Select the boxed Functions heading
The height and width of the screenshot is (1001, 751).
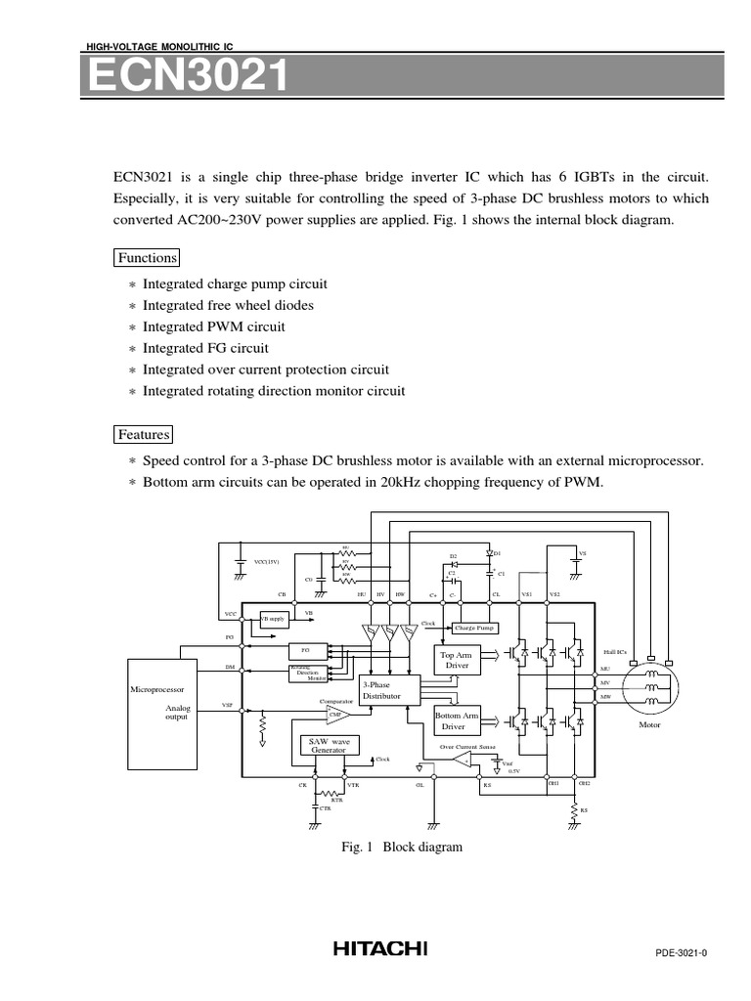147,258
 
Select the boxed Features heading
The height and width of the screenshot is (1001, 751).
144,434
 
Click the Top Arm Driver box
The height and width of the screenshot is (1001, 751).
457,660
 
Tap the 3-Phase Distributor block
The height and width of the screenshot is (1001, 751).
388,690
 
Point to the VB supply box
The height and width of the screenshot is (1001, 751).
272,619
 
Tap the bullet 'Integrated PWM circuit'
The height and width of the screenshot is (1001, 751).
214,326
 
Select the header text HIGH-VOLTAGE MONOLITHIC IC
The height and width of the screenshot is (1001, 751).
160,46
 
